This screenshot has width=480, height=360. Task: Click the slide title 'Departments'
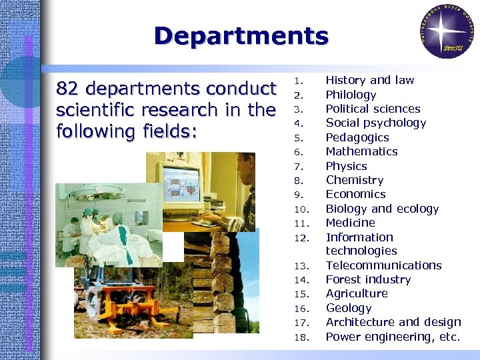[241, 36]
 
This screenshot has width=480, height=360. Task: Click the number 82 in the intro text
[69, 89]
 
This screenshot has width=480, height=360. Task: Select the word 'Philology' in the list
[351, 95]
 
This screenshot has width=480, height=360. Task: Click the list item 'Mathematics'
[361, 151]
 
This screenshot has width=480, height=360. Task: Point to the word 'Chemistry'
[355, 180]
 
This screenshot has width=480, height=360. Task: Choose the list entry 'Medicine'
[350, 223]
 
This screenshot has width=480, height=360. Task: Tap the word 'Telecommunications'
[383, 265]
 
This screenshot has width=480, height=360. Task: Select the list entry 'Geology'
[348, 308]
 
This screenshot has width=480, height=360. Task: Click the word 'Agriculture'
[356, 293]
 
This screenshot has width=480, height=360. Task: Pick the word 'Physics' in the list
[346, 166]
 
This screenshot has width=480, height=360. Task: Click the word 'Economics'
[355, 194]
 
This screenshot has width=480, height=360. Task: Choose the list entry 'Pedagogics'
[357, 137]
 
